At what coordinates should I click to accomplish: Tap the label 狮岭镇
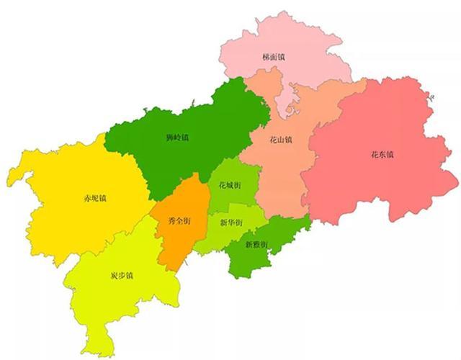coord(176,137)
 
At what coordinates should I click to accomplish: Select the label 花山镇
coord(281,139)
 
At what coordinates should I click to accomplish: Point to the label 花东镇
coord(382,154)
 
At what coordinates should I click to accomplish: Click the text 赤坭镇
coord(95,198)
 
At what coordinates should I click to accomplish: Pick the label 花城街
coord(229,185)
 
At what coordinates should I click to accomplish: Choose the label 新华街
coord(230,222)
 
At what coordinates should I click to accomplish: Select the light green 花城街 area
coord(238,173)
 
